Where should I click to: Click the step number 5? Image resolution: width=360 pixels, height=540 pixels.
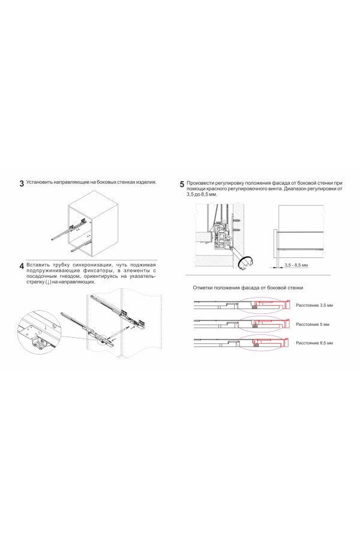click(182, 184)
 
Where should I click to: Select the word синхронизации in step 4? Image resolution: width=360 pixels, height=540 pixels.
click(90, 264)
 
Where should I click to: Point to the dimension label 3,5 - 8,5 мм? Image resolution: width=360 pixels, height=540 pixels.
click(296, 265)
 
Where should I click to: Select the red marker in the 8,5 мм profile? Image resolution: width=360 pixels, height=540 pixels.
click(257, 343)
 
